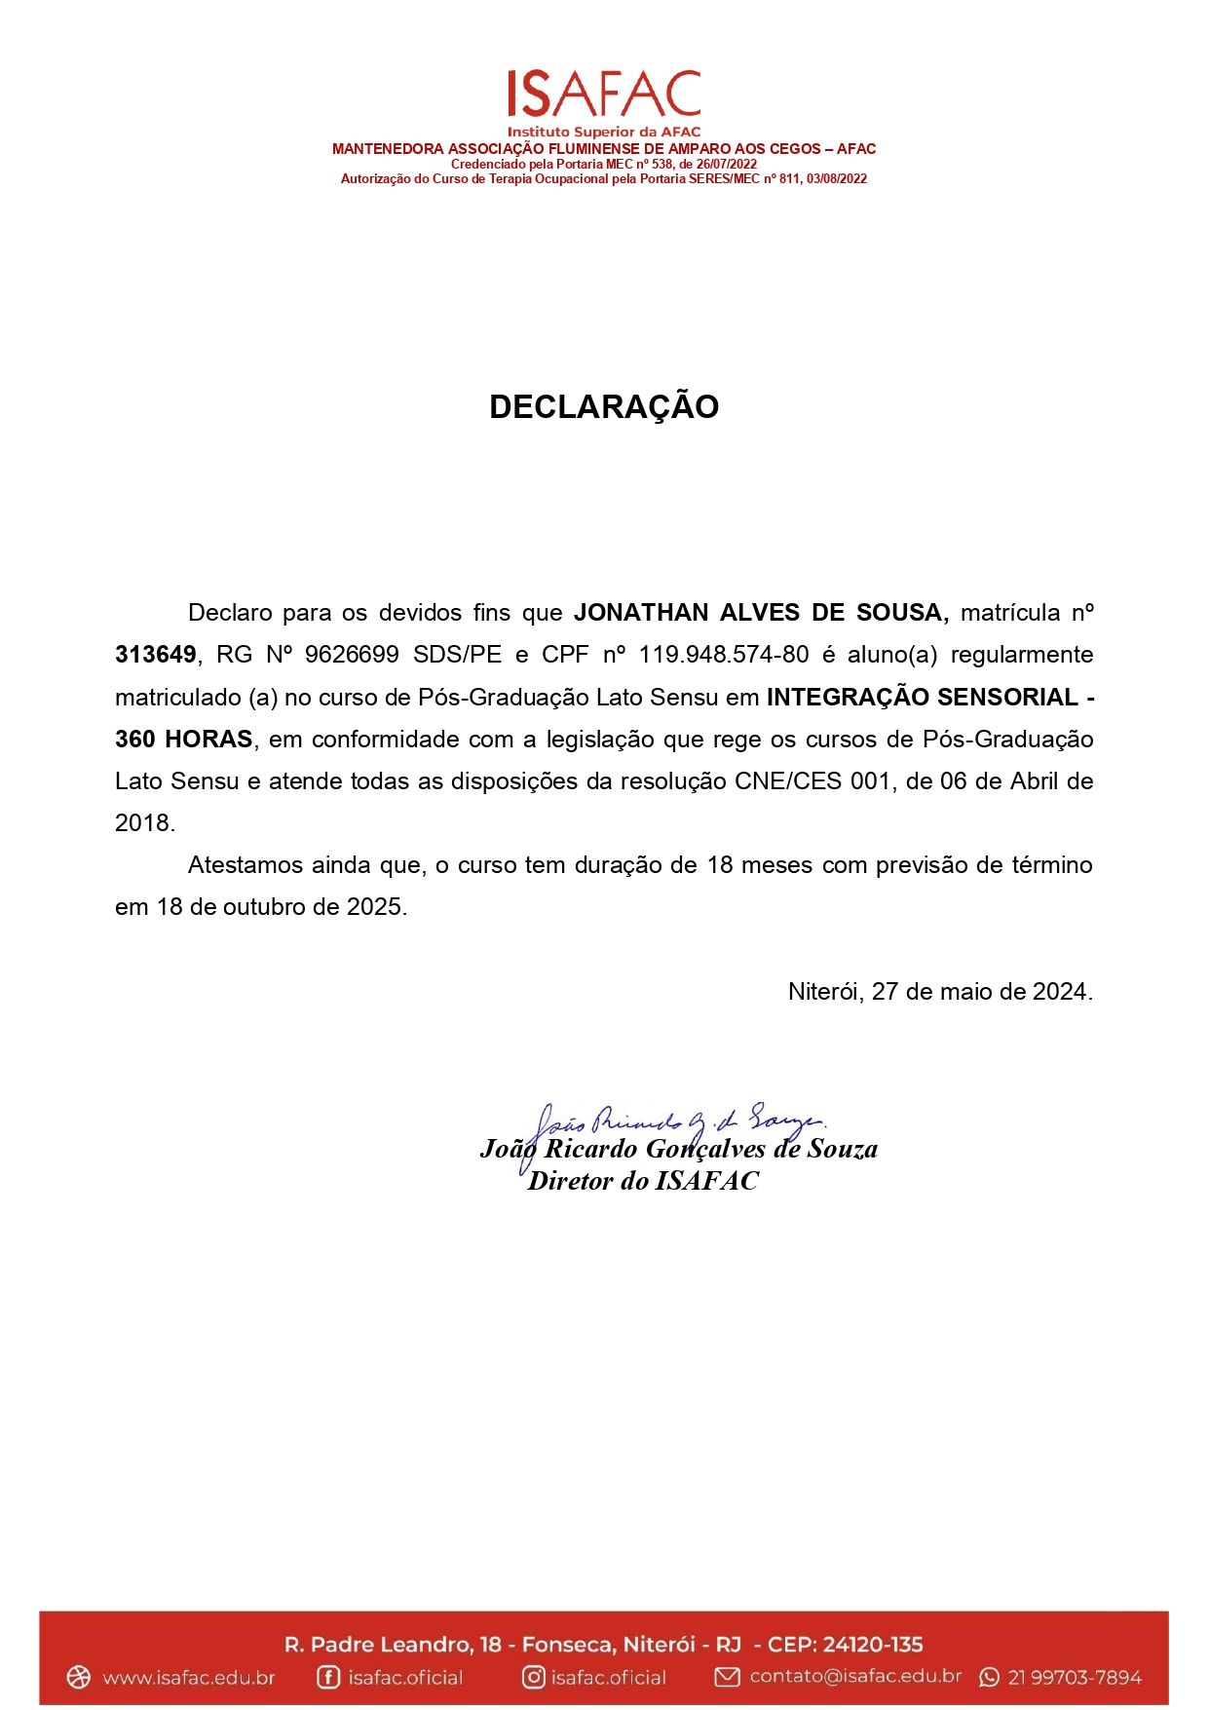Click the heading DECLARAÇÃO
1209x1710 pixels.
tap(604, 406)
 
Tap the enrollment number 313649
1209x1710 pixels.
tap(156, 655)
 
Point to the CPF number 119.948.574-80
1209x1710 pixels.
tap(724, 655)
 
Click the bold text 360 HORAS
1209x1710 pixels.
tap(184, 739)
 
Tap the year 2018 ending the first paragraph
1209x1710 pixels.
tap(142, 822)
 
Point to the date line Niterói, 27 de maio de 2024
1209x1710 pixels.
tap(940, 991)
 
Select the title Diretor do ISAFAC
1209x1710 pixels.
tap(643, 1181)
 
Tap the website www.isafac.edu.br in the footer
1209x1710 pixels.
tap(188, 1677)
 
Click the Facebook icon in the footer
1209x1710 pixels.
tap(328, 1677)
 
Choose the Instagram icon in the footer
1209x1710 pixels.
tap(533, 1677)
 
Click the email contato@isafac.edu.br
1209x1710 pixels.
tap(855, 1676)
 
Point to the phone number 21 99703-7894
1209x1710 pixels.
tap(1075, 1677)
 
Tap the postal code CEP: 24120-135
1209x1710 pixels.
tap(845, 1645)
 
